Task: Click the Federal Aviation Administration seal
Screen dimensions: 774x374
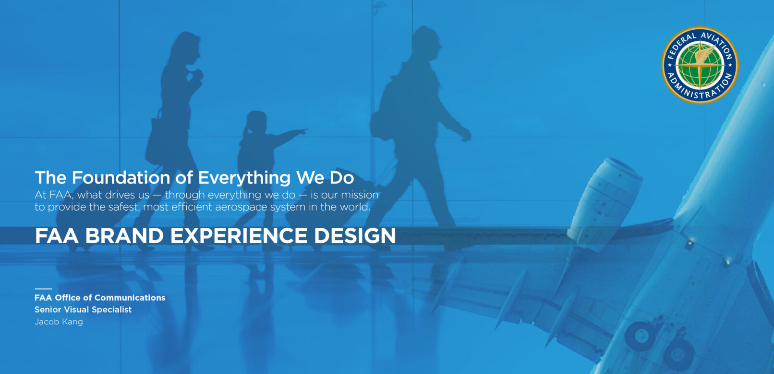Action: [x=700, y=65]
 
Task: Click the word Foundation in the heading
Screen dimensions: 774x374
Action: [x=121, y=177]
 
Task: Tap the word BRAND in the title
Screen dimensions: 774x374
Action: [x=124, y=236]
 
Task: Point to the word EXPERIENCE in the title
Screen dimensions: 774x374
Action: [x=239, y=236]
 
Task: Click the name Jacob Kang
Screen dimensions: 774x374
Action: [x=59, y=322]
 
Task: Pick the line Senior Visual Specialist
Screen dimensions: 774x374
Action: [x=83, y=310]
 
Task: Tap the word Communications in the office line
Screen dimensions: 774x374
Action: [x=130, y=298]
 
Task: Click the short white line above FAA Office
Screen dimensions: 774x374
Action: [x=43, y=288]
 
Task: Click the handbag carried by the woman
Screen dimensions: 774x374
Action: [x=154, y=142]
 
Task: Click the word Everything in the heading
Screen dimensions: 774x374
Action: [x=244, y=178]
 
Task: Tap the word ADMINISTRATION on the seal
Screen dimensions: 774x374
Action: [x=700, y=88]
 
